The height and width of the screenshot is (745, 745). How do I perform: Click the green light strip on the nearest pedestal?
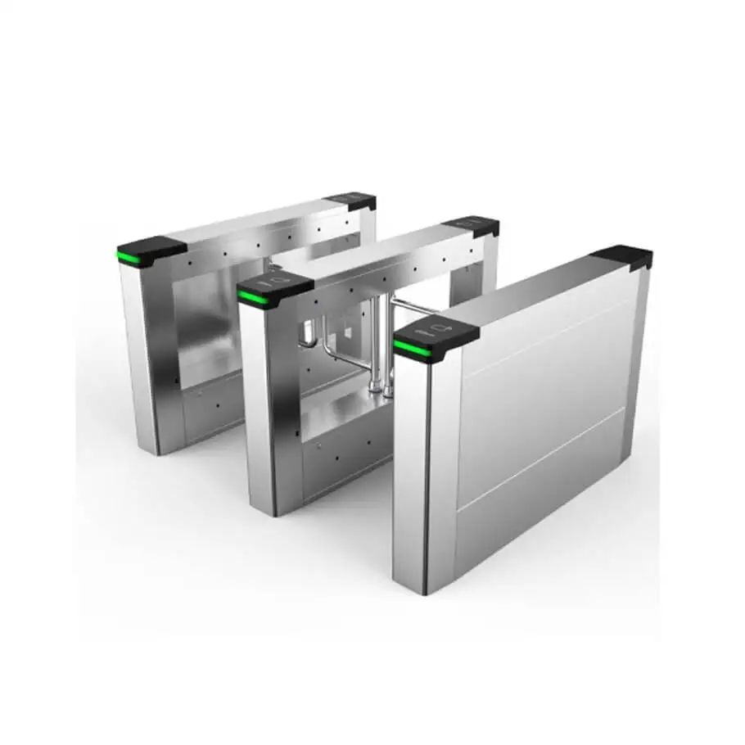[x=412, y=350]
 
